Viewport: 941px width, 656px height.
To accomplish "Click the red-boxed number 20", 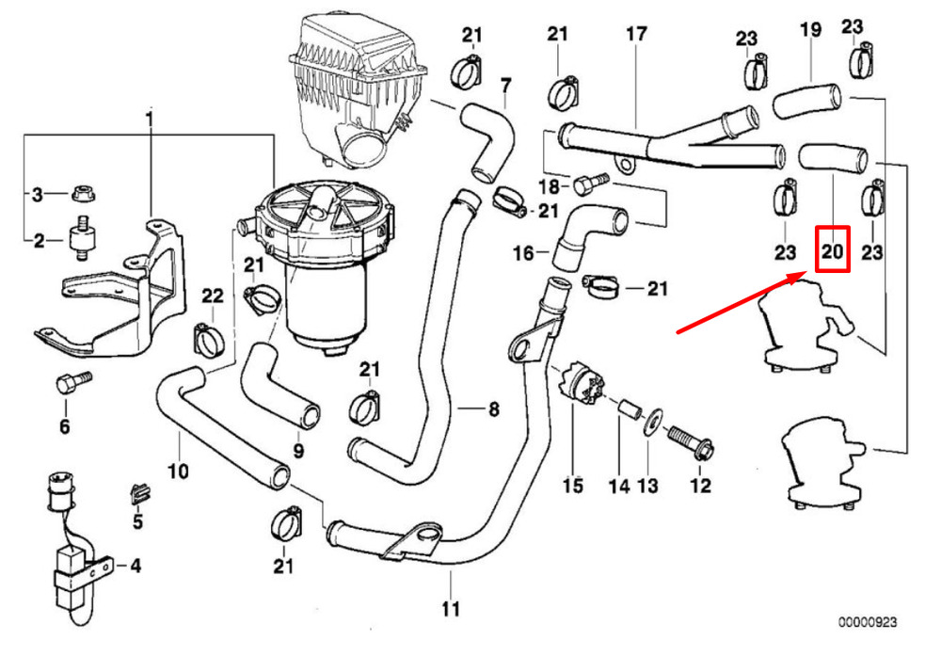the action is click(x=833, y=249).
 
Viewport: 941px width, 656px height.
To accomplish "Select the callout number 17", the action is click(x=636, y=34).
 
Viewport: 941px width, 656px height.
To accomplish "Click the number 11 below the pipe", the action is click(x=450, y=609).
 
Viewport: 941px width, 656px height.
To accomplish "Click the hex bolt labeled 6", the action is click(x=73, y=381).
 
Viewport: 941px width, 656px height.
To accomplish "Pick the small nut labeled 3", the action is click(x=84, y=193).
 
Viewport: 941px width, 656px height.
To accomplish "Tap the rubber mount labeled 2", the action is click(x=80, y=238).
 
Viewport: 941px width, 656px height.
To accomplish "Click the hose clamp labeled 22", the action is click(x=209, y=338).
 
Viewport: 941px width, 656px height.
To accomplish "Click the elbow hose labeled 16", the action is click(x=587, y=234).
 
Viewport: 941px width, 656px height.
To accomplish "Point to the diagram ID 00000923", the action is click(x=868, y=622).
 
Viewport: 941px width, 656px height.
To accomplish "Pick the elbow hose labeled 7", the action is click(x=487, y=141).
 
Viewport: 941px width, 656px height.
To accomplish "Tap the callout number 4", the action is click(x=136, y=566).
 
